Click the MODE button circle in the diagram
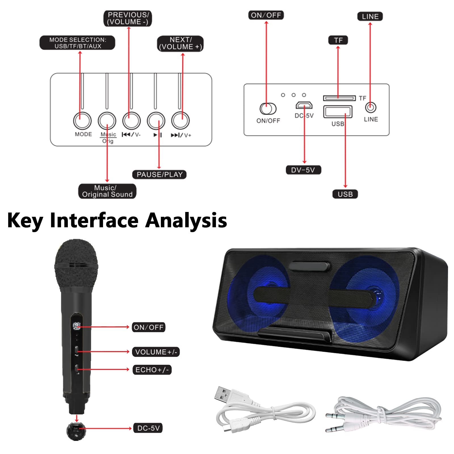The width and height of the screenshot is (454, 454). [82, 121]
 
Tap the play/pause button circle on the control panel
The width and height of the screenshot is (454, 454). [156, 121]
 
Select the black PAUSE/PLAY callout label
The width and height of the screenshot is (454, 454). [159, 175]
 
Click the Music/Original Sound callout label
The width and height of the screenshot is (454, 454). [107, 191]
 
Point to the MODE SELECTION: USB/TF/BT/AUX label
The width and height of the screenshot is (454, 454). [77, 43]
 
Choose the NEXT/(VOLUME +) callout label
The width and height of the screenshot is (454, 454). [180, 43]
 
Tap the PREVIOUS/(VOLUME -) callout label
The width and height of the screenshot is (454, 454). [128, 18]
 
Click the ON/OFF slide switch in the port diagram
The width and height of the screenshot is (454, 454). [268, 108]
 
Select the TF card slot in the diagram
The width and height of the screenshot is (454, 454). [339, 98]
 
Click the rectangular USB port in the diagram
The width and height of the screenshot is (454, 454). [338, 112]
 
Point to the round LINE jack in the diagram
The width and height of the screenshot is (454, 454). [370, 108]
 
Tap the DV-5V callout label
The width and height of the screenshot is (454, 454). [303, 170]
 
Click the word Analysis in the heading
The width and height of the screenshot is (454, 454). [186, 220]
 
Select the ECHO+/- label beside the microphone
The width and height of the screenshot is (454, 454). [152, 370]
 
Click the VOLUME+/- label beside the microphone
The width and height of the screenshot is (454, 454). [156, 352]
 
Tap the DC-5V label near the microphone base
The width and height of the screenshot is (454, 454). [148, 428]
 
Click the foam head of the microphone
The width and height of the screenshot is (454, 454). [76, 264]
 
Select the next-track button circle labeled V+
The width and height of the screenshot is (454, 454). [180, 121]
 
